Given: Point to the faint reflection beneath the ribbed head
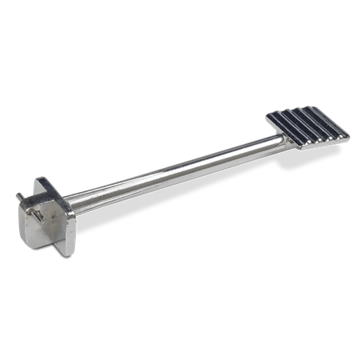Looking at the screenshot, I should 315,163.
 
